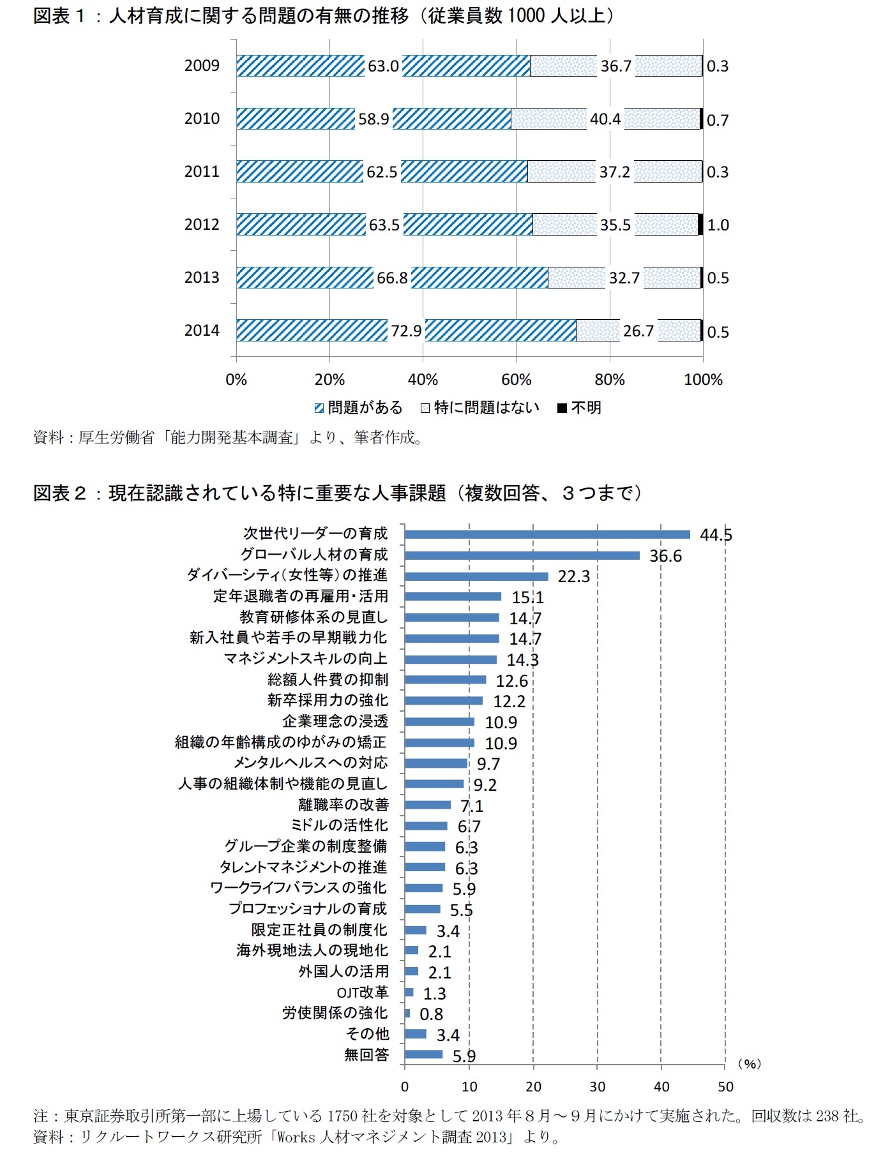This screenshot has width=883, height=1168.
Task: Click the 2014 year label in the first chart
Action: [x=202, y=330]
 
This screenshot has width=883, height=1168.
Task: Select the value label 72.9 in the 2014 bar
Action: [x=406, y=331]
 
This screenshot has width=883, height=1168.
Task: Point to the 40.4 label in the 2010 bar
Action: [x=605, y=119]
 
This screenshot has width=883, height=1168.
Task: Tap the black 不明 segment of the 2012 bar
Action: [x=700, y=224]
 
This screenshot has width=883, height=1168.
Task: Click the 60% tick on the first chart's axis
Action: [x=516, y=380]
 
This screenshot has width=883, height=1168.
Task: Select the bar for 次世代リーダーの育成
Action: [x=547, y=534]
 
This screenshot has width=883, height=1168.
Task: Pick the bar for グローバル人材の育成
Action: [x=522, y=555]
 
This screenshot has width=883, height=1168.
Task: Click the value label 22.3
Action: [x=573, y=576]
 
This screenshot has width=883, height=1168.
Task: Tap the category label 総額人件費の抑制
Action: [x=328, y=680]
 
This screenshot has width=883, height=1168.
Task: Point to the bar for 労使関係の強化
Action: [x=407, y=1013]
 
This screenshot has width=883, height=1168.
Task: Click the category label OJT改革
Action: [x=362, y=992]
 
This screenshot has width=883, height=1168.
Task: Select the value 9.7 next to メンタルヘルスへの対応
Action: [x=488, y=763]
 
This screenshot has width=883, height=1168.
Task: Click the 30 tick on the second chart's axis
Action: [x=597, y=1087]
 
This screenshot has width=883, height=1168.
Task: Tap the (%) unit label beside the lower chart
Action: [x=749, y=1064]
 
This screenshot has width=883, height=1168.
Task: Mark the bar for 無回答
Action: [x=423, y=1054]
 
